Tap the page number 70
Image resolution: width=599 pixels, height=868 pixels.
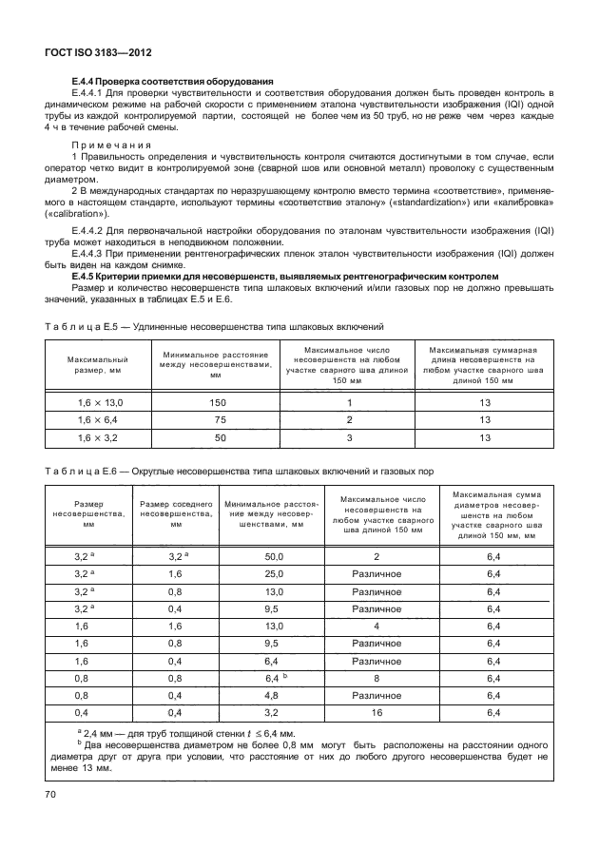point(51,793)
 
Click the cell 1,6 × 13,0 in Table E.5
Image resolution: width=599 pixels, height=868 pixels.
point(99,404)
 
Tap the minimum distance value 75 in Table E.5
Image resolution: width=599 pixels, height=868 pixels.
point(218,420)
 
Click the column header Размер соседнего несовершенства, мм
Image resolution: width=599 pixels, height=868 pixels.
point(176,512)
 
